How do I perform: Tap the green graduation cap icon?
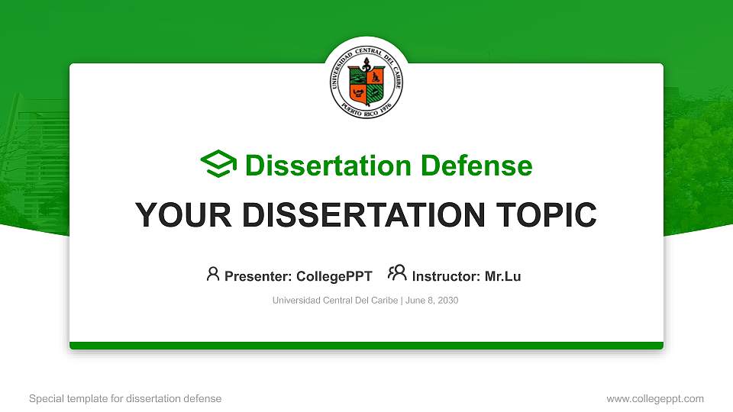coord(218,165)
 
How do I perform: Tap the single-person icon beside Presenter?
coord(213,274)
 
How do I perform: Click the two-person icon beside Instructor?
coord(397,273)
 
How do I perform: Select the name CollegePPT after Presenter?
coord(334,276)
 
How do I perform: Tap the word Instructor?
coord(446,276)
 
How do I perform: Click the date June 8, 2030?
coord(432,301)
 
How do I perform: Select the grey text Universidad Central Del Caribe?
coord(334,301)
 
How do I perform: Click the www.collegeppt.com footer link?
coord(654,398)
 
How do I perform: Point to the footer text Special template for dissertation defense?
coord(125,398)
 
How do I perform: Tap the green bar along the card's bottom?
coord(366,346)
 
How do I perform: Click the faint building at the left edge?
coord(31,153)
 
